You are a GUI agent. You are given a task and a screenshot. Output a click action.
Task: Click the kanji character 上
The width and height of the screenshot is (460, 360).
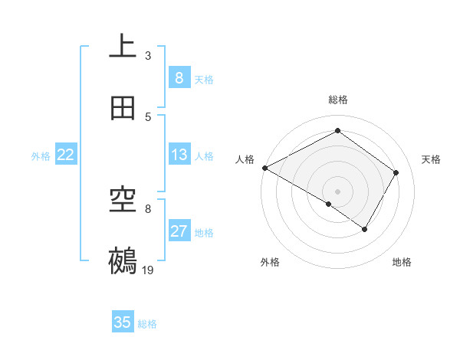(123, 47)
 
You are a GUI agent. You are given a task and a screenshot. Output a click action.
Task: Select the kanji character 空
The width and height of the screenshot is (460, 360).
(123, 201)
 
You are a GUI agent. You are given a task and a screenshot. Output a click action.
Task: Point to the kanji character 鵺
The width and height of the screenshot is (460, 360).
(123, 260)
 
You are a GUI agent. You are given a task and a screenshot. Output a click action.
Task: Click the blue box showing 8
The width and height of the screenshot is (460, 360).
(179, 78)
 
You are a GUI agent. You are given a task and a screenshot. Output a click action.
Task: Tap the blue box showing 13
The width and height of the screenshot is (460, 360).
(179, 155)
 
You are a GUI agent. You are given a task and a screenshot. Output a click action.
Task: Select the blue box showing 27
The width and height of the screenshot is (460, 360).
(179, 231)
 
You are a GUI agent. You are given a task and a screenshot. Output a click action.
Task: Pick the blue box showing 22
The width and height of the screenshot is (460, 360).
(66, 155)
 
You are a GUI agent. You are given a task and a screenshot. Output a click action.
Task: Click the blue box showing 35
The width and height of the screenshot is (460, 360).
(123, 322)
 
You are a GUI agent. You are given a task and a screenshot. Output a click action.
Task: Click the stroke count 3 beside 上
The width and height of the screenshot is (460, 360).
(148, 56)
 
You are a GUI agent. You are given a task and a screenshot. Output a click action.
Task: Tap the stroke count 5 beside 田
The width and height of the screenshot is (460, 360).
(148, 117)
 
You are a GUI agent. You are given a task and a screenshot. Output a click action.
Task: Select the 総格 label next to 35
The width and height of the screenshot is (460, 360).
(147, 324)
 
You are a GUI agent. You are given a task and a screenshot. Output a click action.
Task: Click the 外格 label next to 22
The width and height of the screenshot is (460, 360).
(41, 155)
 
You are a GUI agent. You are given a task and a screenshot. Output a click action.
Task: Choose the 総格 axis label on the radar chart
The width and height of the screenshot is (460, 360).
(337, 100)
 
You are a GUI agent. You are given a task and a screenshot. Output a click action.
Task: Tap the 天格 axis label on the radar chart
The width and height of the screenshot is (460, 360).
(432, 159)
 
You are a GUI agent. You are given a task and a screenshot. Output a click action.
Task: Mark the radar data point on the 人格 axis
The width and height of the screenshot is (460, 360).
(264, 168)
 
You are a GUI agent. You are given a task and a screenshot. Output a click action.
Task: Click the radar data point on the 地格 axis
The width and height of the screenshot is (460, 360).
(365, 229)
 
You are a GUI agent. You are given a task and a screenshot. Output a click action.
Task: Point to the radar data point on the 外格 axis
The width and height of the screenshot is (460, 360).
(329, 204)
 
